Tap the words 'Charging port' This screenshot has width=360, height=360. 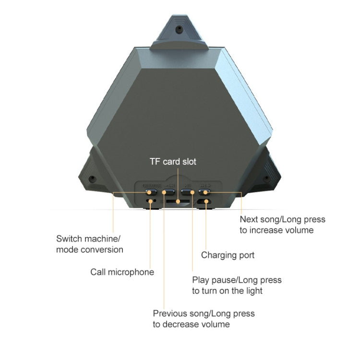coord(228,255)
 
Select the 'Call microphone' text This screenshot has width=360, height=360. coord(122,272)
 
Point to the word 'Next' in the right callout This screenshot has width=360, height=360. coord(251,219)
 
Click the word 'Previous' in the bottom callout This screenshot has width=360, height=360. coord(170,313)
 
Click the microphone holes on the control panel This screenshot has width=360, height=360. coord(151,201)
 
